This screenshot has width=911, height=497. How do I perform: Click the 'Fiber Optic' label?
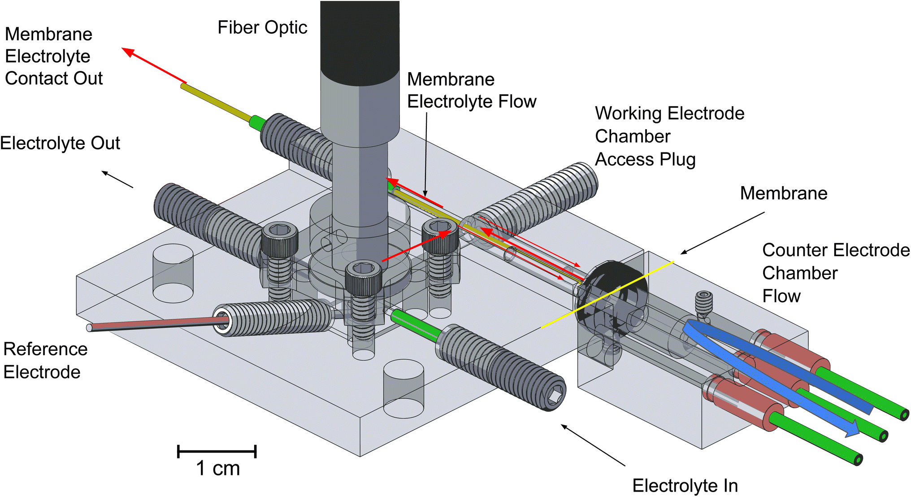(262, 28)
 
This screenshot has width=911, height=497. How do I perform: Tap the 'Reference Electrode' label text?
(45, 361)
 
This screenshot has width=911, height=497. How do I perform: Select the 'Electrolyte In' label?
(685, 485)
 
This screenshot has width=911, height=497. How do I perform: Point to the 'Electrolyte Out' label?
(60, 144)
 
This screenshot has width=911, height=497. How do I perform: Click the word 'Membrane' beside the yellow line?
(783, 193)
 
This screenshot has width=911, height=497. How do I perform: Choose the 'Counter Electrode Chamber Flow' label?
(836, 273)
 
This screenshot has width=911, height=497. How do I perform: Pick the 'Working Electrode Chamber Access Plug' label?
(669, 136)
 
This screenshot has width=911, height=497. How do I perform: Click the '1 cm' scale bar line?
(217, 451)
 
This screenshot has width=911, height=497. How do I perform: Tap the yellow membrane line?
(607, 295)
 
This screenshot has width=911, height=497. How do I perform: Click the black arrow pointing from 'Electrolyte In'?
(593, 445)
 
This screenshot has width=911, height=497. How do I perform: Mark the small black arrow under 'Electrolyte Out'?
(117, 179)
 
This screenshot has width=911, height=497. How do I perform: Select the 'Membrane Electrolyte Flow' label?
(471, 91)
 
